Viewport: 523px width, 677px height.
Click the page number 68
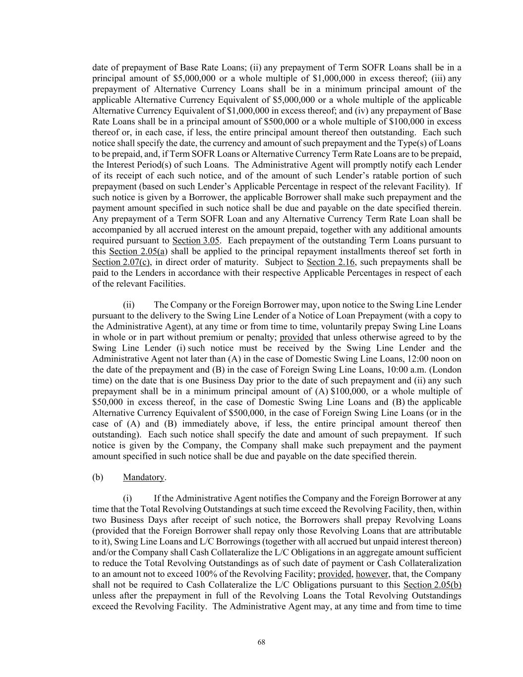pyautogui.click(x=261, y=642)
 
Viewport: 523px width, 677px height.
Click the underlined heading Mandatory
pyautogui.click(x=143, y=477)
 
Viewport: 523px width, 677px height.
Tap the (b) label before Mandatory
pyautogui.click(x=98, y=477)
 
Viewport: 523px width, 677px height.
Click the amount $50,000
pyautogui.click(x=107, y=402)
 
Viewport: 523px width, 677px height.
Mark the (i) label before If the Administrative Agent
pyautogui.click(x=127, y=498)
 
